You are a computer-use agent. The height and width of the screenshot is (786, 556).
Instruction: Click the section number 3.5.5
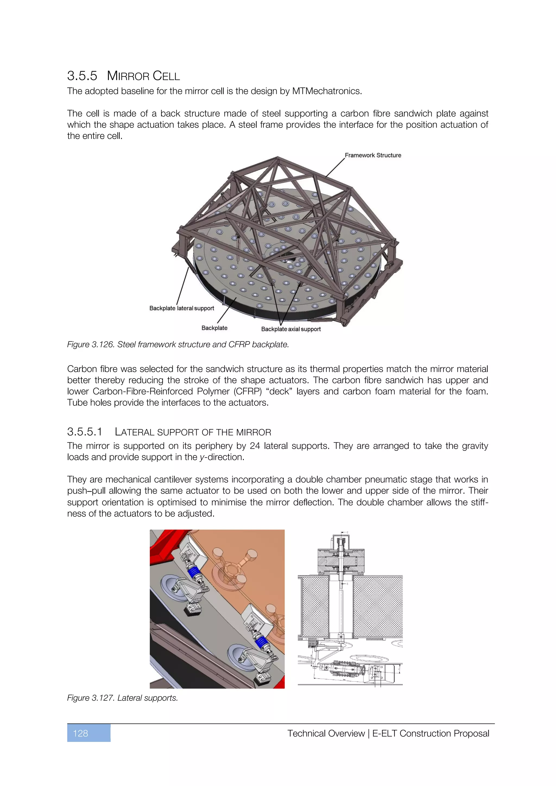click(82, 76)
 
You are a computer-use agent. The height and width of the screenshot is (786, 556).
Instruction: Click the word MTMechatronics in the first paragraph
click(326, 91)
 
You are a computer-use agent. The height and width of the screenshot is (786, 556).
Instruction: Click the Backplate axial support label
click(291, 329)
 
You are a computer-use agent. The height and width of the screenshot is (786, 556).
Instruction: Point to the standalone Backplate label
click(214, 328)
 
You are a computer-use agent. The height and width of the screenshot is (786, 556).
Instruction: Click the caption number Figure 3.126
click(91, 344)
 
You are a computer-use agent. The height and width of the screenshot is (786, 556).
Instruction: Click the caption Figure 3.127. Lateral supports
click(122, 698)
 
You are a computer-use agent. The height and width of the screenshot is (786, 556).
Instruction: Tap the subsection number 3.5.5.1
click(84, 432)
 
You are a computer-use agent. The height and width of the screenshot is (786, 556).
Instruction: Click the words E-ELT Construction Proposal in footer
click(430, 733)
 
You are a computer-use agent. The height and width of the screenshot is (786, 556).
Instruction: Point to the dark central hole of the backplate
click(289, 256)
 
